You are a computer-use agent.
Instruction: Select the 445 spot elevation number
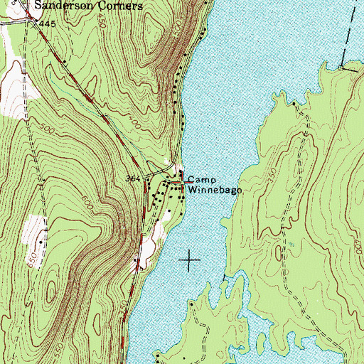[x=48, y=24]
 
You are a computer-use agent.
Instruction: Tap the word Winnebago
[x=217, y=191]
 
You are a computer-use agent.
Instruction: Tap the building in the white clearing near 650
[x=41, y=242]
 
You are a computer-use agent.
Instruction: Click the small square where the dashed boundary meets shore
[x=341, y=67]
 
